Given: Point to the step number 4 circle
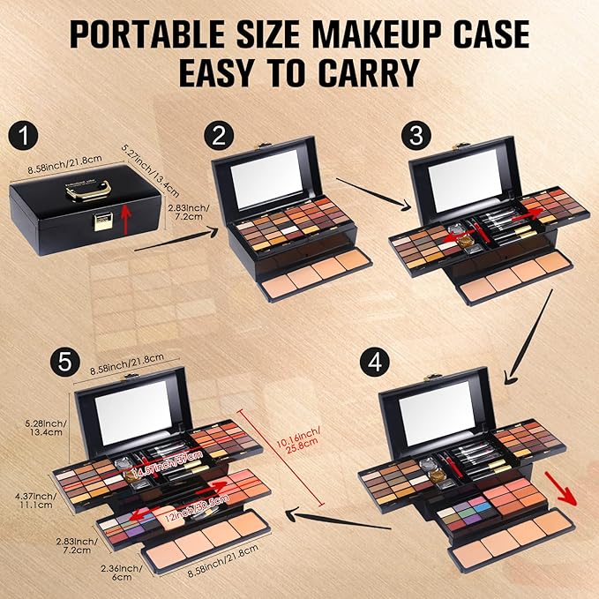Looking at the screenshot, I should pos(371,363).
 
